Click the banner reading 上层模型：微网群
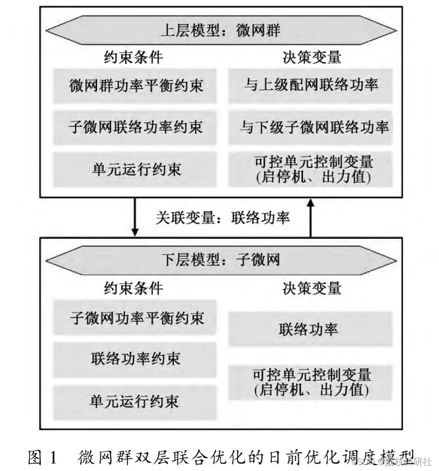tap(221, 30)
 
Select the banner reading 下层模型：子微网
tap(221, 260)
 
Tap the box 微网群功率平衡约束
tap(135, 86)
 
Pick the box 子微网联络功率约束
tap(135, 128)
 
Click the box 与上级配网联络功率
tap(310, 86)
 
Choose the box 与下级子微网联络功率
tap(310, 128)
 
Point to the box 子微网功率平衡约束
tap(135, 317)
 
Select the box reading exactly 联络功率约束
tap(135, 359)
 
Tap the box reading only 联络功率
tap(310, 329)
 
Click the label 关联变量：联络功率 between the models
tap(222, 218)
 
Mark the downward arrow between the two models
tap(135, 217)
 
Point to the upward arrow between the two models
tap(310, 218)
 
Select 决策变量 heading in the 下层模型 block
tap(312, 289)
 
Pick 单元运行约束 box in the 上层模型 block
tap(135, 169)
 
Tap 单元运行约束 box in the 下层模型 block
tap(135, 402)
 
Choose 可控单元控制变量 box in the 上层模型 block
tap(310, 169)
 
